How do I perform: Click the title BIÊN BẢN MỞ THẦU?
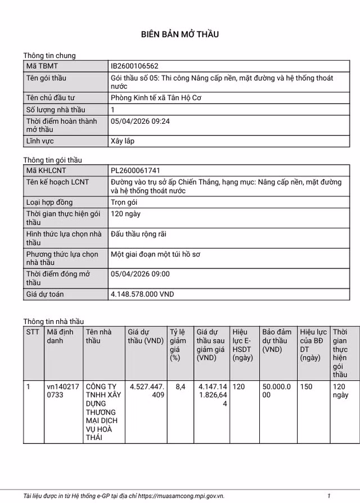tap(179, 34)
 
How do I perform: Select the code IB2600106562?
tap(134, 66)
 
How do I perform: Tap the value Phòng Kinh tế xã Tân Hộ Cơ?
tap(156, 98)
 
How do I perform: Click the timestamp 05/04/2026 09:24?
tap(140, 121)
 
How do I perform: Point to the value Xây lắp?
tap(123, 141)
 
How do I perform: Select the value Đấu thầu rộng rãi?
tap(138, 233)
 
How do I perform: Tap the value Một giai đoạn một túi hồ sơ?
tap(155, 254)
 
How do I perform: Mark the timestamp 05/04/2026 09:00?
tap(140, 274)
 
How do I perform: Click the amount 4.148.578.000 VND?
tap(142, 294)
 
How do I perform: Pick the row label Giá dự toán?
tap(45, 294)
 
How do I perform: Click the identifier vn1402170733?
tap(63, 390)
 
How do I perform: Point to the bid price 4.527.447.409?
tap(147, 390)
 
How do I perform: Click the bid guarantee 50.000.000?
tap(276, 390)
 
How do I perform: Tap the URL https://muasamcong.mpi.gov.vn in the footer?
tap(181, 496)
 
